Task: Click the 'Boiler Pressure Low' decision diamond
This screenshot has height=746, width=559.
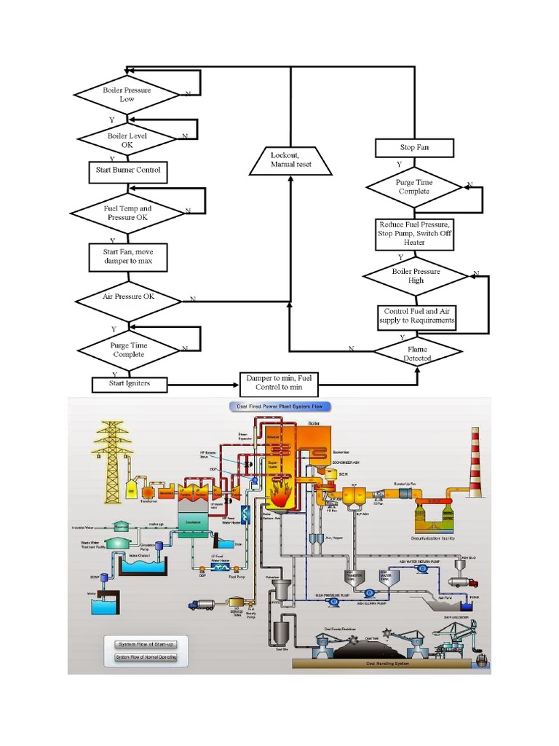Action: click(x=127, y=95)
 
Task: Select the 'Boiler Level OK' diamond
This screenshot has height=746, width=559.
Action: click(x=127, y=140)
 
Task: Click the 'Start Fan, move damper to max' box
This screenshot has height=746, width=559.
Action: click(x=127, y=256)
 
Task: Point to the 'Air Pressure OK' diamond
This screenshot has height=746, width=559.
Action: click(x=127, y=297)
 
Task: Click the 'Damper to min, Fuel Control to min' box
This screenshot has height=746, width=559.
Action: click(x=279, y=384)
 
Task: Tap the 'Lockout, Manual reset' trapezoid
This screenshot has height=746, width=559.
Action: click(x=290, y=160)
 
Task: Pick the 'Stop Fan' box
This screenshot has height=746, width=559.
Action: click(x=414, y=148)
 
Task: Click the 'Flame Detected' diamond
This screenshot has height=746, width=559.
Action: click(x=418, y=353)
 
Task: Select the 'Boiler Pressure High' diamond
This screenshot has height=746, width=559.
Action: click(x=416, y=276)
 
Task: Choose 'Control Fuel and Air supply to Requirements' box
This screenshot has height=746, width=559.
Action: click(x=418, y=316)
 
